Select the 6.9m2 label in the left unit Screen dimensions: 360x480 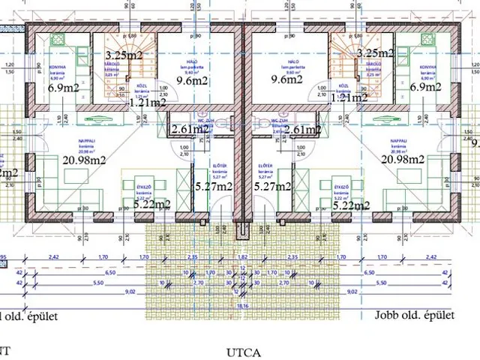[64, 88]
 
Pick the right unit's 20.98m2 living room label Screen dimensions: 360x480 [403, 160]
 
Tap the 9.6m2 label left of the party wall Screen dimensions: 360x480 [193, 79]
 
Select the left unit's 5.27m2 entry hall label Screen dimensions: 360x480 [214, 187]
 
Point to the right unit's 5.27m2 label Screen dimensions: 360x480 [271, 187]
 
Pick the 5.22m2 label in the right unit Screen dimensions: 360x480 [351, 205]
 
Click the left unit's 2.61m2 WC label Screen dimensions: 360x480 [190, 130]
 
